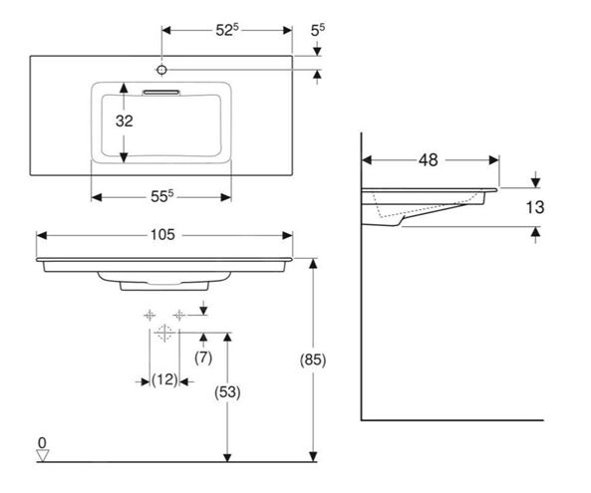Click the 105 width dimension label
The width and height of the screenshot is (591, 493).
coord(162,235)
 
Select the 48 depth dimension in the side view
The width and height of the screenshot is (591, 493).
coord(429,160)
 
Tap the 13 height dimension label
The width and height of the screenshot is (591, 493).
coord(535,207)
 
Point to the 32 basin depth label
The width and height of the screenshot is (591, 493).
coord(124,121)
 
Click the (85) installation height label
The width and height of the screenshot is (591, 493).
coord(313,361)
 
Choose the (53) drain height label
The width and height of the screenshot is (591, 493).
coord(227,392)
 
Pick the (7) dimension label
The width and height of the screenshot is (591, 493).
coord(203,357)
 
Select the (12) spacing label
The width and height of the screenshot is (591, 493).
coord(164,379)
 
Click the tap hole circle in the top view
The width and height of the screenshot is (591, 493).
coord(161,70)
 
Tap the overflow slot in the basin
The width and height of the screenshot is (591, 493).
coord(161,93)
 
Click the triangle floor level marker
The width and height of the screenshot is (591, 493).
coord(43,455)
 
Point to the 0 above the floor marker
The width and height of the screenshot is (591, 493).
coord(42,443)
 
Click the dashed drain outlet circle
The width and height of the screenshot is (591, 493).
coord(164,333)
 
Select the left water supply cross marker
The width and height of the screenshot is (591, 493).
coord(149,315)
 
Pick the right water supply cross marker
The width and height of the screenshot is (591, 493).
coord(179,315)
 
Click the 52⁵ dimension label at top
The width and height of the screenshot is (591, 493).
coord(227,30)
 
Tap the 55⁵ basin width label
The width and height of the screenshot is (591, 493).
coord(162,196)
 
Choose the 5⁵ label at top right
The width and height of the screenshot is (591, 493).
coord(318,30)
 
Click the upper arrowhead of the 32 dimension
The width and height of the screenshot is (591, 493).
coord(124,88)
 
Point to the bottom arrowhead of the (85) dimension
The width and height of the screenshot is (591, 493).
coord(313,456)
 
